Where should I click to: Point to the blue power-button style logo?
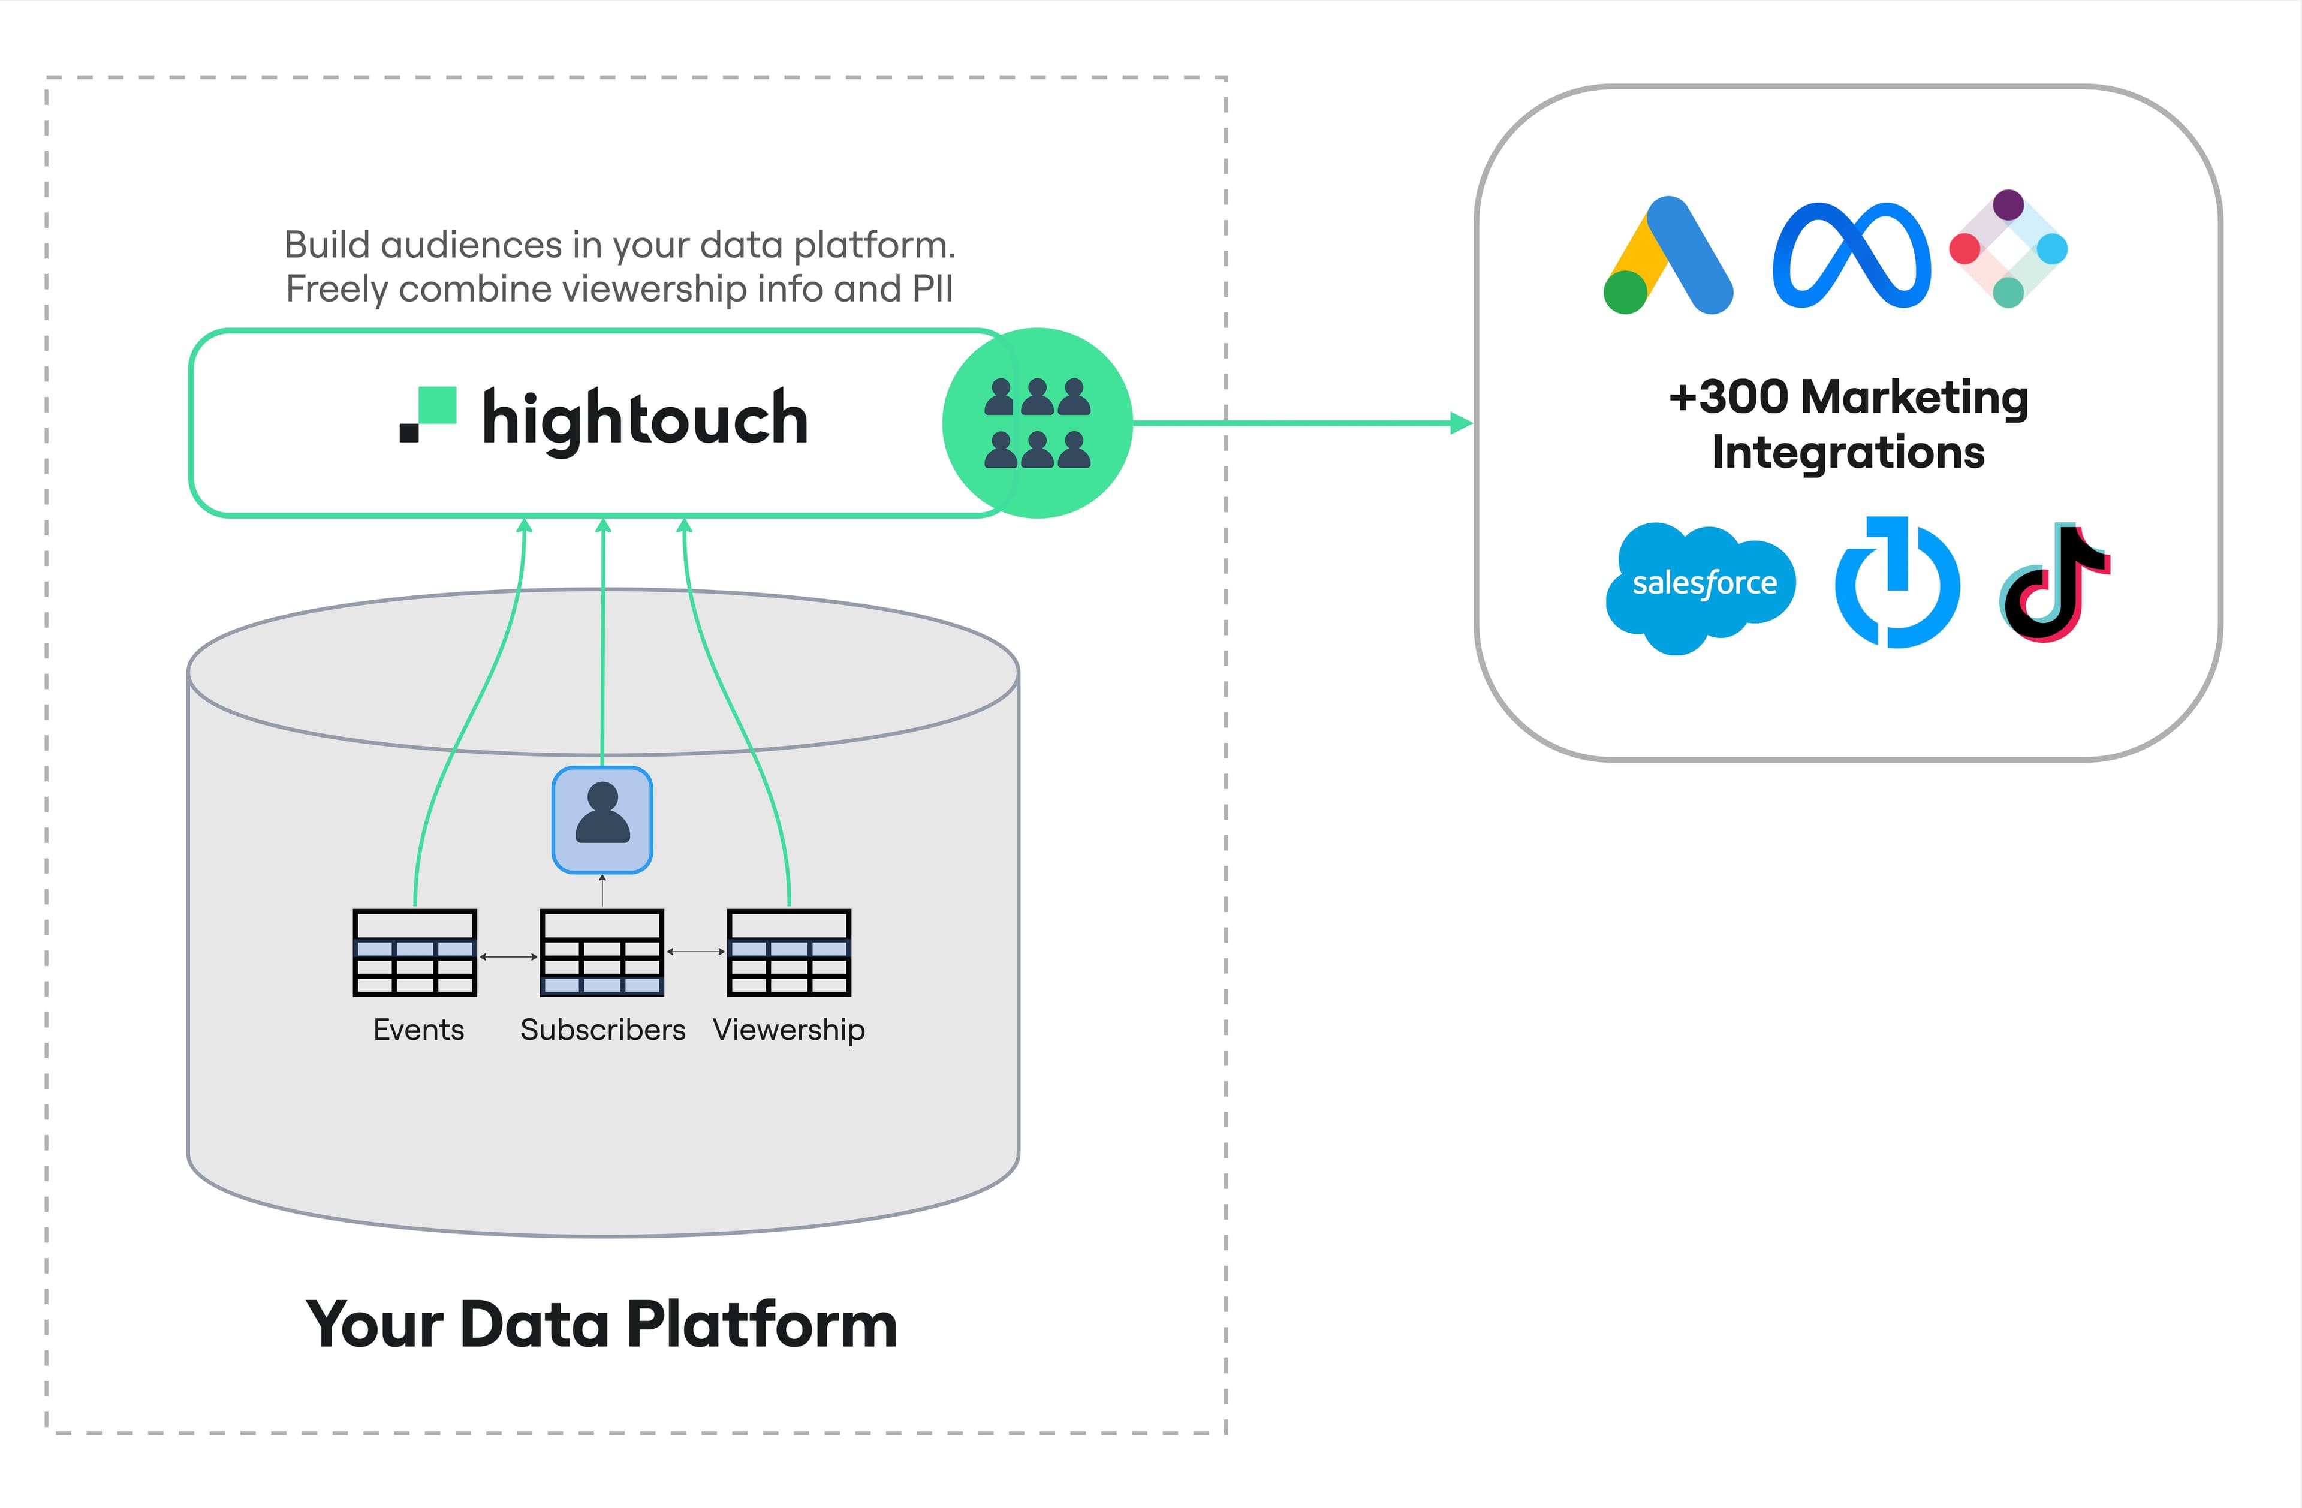pos(1897,583)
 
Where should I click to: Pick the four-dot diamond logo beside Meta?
pos(2008,249)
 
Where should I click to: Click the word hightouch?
pos(645,419)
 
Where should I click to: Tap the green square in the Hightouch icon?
pos(437,405)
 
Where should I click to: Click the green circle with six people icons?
pos(1037,423)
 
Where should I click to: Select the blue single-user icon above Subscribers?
pos(602,819)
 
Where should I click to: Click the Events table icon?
pos(415,953)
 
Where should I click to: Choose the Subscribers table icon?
pos(602,953)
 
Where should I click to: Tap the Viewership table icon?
pos(788,953)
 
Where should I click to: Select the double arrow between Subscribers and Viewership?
pos(695,952)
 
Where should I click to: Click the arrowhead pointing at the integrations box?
pos(1462,423)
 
